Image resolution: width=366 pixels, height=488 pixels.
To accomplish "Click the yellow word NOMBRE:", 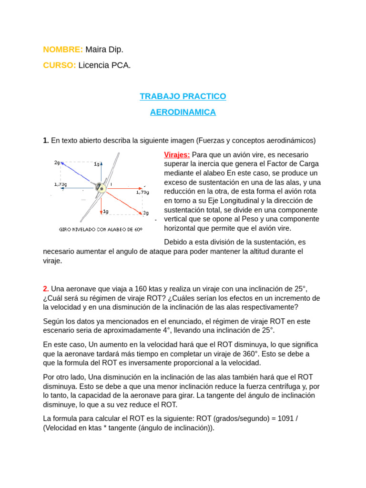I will pyautogui.click(x=63, y=50).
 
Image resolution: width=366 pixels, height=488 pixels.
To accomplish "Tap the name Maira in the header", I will pyautogui.click(x=95, y=50).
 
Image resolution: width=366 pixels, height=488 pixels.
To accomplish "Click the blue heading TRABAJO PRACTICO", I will pyautogui.click(x=183, y=96).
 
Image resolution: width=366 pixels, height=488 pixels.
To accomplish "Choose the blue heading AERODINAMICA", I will pyautogui.click(x=183, y=112).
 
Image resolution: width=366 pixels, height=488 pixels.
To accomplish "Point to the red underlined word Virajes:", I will pyautogui.click(x=177, y=155).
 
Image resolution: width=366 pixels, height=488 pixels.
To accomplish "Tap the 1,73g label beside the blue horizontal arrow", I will pyautogui.click(x=61, y=184).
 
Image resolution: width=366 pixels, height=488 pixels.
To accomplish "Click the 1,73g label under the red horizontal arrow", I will pyautogui.click(x=142, y=193).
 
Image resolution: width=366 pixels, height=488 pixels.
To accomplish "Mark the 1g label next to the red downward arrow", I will pyautogui.click(x=105, y=211).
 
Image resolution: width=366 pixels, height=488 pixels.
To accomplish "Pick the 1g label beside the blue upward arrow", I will pyautogui.click(x=97, y=164).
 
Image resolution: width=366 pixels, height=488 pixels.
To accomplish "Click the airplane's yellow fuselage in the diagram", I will pyautogui.click(x=100, y=187).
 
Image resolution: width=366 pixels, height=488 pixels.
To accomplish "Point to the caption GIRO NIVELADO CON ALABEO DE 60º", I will pyautogui.click(x=101, y=229).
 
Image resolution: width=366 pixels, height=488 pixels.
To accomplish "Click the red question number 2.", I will pyautogui.click(x=46, y=289).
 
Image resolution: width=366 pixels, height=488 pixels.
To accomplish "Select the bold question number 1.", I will pyautogui.click(x=46, y=141).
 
